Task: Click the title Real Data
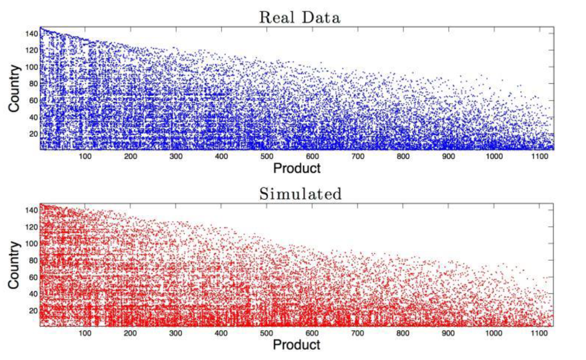click(x=300, y=17)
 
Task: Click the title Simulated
click(x=300, y=193)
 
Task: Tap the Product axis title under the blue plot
click(x=296, y=168)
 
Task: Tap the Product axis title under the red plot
click(x=296, y=344)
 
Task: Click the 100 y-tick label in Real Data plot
click(x=30, y=67)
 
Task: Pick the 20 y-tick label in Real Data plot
click(x=33, y=134)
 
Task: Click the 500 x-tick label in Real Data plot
click(x=267, y=156)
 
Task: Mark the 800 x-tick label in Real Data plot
click(x=403, y=156)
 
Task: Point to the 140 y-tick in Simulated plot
click(x=30, y=211)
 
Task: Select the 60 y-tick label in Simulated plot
click(x=33, y=277)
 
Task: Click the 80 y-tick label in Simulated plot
click(x=33, y=261)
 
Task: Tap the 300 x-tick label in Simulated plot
click(x=176, y=333)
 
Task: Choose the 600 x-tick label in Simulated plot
click(x=312, y=333)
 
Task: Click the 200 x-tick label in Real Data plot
click(x=131, y=156)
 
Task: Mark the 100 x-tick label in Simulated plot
click(x=86, y=333)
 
